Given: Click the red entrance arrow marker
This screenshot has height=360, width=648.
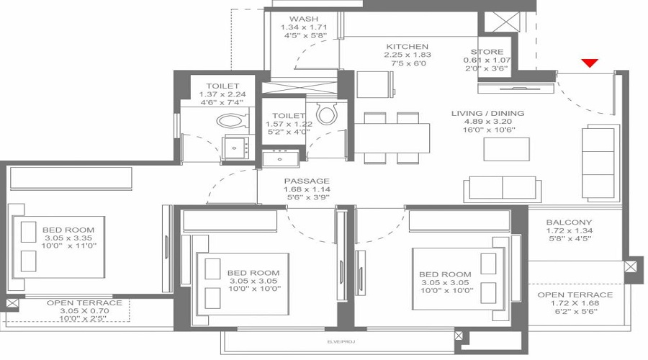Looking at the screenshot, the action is click(590, 63).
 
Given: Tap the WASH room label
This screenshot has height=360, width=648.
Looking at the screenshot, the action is click(304, 19).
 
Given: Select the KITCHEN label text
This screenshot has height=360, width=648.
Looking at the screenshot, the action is click(407, 47).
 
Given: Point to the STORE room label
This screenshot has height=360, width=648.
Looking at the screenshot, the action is click(487, 52).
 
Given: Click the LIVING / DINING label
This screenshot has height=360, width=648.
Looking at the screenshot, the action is click(487, 113).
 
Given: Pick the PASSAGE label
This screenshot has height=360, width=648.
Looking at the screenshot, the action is click(307, 181).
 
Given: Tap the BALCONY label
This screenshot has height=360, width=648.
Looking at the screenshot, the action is click(569, 222).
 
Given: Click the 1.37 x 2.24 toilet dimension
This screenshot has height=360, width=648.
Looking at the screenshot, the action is click(222, 94).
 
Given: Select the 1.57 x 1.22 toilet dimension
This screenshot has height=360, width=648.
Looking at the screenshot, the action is click(289, 124).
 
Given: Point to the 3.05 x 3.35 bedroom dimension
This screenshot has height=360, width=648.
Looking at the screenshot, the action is click(68, 238).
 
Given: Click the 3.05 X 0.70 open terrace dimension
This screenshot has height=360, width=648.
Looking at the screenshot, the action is click(84, 311).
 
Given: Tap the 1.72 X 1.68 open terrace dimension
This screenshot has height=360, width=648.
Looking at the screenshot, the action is click(575, 303).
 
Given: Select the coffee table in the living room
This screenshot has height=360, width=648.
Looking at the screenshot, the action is click(507, 149).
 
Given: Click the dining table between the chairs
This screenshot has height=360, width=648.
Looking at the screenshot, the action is click(392, 138).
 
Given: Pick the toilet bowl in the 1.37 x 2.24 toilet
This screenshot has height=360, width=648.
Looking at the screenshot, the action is click(233, 121).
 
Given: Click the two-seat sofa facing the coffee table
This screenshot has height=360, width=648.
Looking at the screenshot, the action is click(502, 189).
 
